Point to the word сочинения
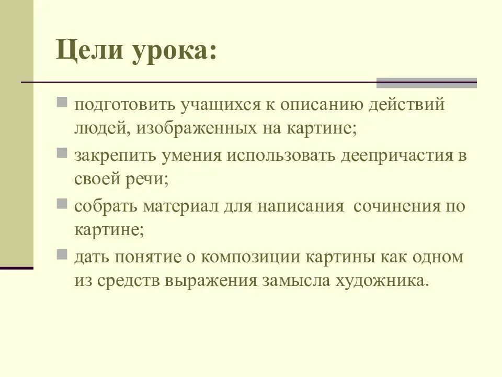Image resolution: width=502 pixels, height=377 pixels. pyautogui.click(x=398, y=206)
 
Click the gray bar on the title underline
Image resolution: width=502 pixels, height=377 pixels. pyautogui.click(x=427, y=83)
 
